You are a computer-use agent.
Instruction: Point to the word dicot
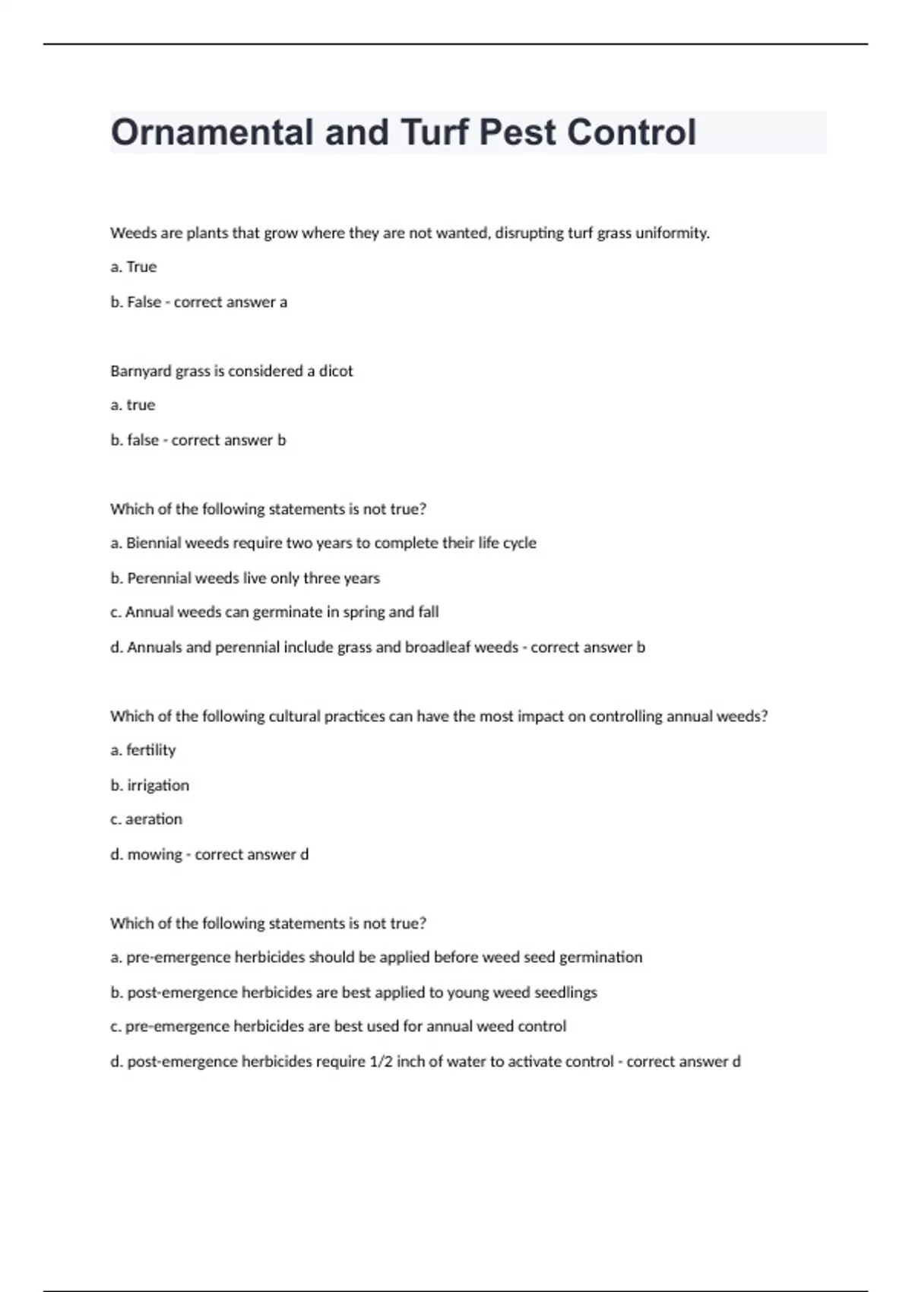click(336, 371)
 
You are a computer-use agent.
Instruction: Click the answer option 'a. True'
click(134, 267)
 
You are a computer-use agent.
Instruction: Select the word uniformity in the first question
click(672, 233)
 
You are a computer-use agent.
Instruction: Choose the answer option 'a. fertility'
click(143, 750)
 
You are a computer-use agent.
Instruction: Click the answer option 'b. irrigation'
click(150, 785)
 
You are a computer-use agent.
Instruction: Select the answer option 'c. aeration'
click(147, 819)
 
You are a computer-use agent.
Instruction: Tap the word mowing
click(154, 854)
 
